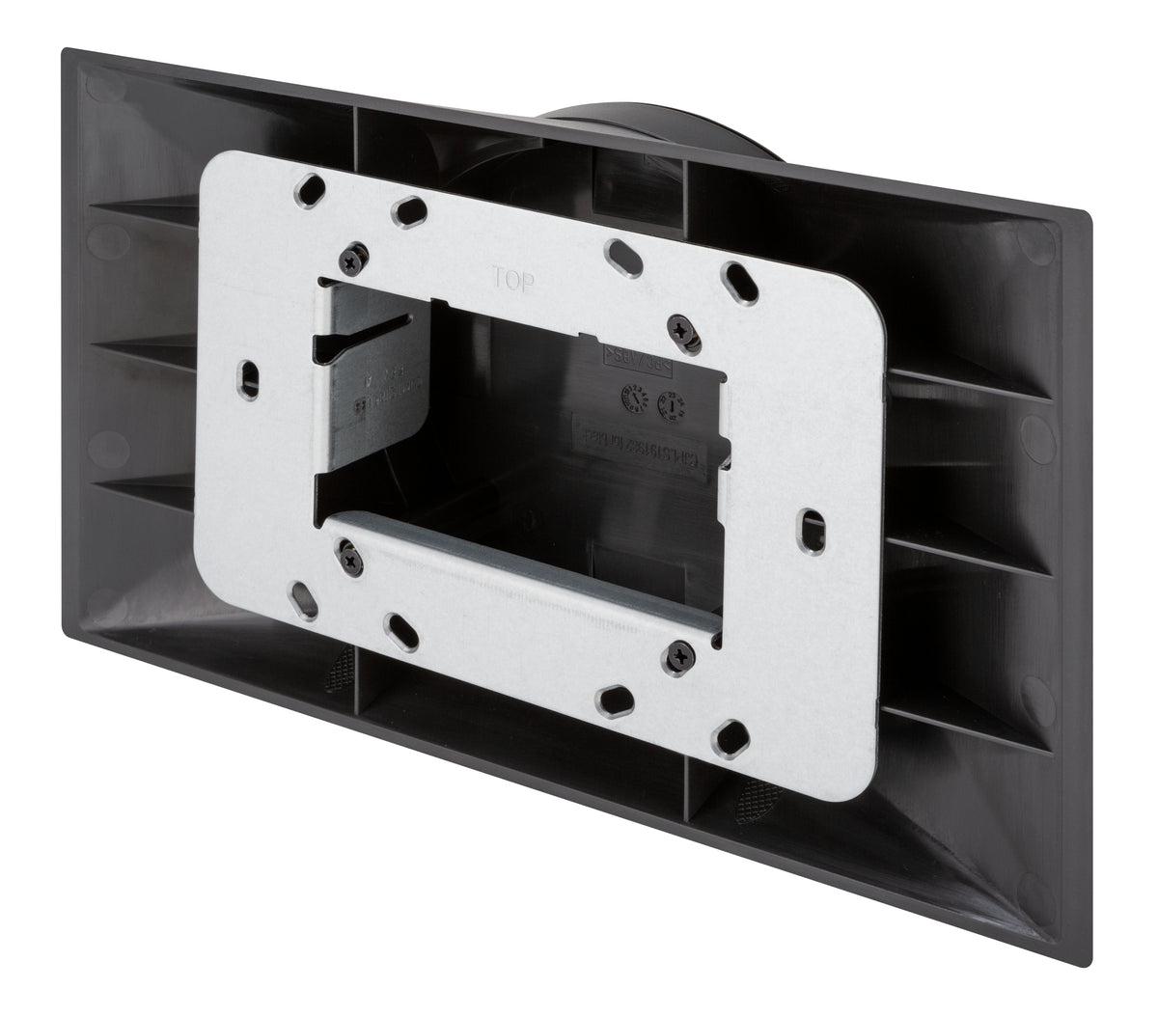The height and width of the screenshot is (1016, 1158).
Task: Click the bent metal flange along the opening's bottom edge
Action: click(521, 560)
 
